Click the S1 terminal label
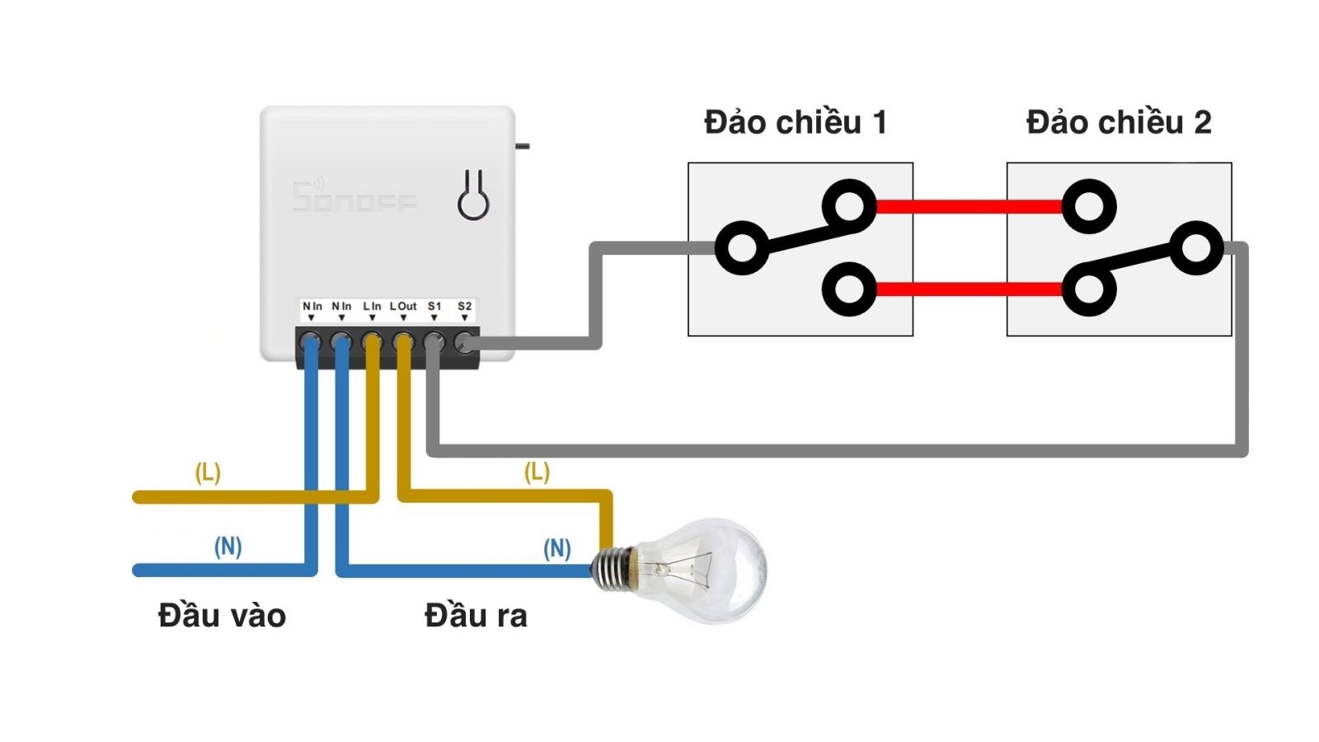[x=434, y=307]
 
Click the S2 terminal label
[x=464, y=307]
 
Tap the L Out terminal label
[x=403, y=307]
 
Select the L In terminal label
[x=372, y=307]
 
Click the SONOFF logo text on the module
[x=354, y=198]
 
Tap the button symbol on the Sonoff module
[x=473, y=196]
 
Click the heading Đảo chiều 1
[x=796, y=123]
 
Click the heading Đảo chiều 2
[x=1118, y=123]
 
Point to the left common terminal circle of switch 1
[x=741, y=247]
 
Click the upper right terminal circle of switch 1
[x=848, y=205]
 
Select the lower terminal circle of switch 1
[x=848, y=289]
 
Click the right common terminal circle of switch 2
[x=1195, y=247]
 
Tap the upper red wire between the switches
[x=969, y=206]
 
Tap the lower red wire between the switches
[x=969, y=289]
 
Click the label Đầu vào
[x=222, y=616]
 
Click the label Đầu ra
[x=476, y=616]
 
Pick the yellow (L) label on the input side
[x=208, y=472]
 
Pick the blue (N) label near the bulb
[x=557, y=548]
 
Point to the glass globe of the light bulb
[x=709, y=569]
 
